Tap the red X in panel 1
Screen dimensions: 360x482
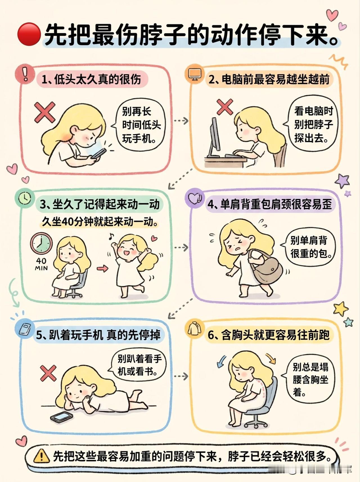pyautogui.click(x=45, y=113)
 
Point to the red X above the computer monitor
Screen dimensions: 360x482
pyautogui.click(x=225, y=107)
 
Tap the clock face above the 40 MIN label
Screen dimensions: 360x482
pyautogui.click(x=41, y=243)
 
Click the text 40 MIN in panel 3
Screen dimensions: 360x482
pyautogui.click(x=41, y=264)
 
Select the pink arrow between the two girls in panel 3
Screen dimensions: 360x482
pyautogui.click(x=102, y=268)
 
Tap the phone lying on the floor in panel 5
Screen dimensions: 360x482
pyautogui.click(x=62, y=417)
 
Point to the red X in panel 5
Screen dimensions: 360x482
pyautogui.click(x=48, y=373)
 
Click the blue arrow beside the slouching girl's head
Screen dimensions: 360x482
pyautogui.click(x=222, y=361)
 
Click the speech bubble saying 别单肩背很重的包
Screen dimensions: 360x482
pyautogui.click(x=308, y=247)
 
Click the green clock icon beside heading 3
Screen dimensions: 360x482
pyautogui.click(x=25, y=198)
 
